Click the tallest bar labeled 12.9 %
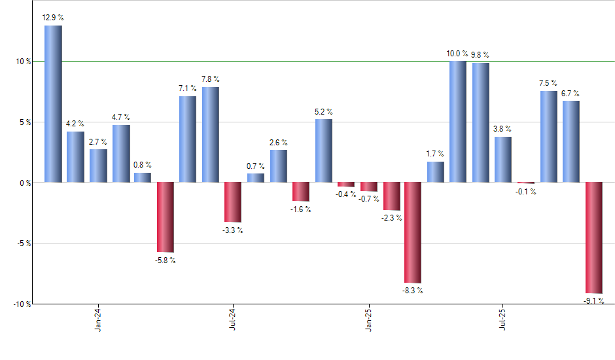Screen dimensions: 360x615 [x=53, y=103]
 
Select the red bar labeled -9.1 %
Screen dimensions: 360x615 [x=593, y=238]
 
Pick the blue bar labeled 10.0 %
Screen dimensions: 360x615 [x=458, y=121]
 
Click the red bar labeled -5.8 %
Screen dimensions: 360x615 [x=165, y=217]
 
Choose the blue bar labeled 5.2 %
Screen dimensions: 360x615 [x=323, y=151]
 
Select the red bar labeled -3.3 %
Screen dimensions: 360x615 [x=233, y=202]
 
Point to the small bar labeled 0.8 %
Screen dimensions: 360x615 [x=143, y=177]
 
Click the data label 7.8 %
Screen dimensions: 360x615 [x=211, y=79]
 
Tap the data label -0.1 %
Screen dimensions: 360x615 [x=526, y=192]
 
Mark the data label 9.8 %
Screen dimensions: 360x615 [x=480, y=55]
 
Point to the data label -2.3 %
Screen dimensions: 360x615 [x=392, y=218]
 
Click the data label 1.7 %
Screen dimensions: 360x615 [x=435, y=154]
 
